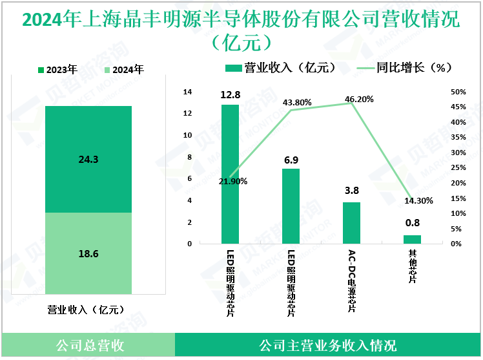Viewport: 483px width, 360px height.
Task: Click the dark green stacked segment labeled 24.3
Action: tap(88, 159)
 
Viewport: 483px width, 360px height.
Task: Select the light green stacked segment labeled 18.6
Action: tap(88, 253)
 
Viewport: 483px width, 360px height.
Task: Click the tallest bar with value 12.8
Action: tap(230, 174)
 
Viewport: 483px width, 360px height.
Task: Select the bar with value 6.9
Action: tap(291, 206)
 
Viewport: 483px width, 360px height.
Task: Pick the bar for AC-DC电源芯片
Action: tap(351, 222)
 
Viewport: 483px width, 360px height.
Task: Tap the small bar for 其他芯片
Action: tap(412, 239)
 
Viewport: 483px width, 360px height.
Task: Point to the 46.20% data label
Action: tap(360, 100)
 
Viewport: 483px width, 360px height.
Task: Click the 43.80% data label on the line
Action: tap(297, 102)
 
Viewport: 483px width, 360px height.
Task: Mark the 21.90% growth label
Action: tap(233, 182)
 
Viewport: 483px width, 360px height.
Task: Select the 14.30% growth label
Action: tap(418, 201)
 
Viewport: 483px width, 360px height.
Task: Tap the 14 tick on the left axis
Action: tap(188, 92)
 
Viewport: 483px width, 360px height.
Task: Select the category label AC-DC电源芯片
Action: tap(352, 281)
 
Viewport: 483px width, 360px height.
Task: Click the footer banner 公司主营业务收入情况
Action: tap(327, 345)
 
